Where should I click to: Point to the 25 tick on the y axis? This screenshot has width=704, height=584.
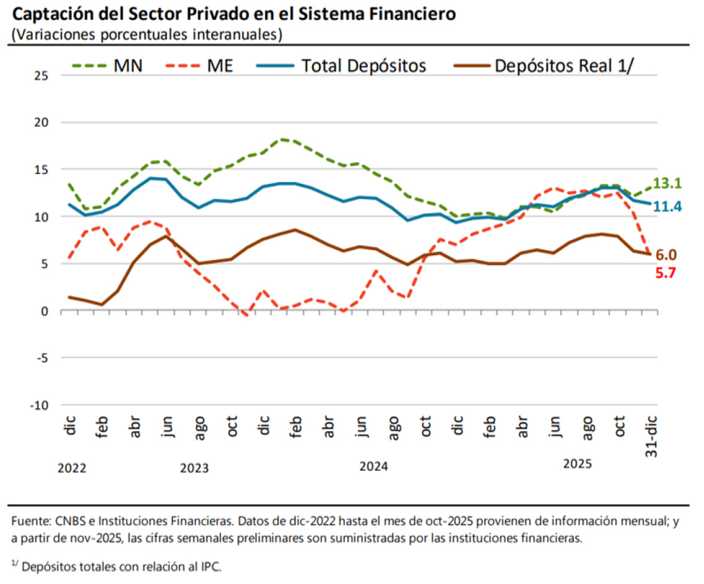coord(41,76)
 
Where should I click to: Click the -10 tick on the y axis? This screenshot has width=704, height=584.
coord(39,405)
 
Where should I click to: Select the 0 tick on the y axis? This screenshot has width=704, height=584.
coord(45,311)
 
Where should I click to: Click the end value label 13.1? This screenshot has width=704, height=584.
coord(667,183)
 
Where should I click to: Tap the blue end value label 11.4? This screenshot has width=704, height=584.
coord(667,206)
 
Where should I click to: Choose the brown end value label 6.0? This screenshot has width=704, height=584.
coord(666,255)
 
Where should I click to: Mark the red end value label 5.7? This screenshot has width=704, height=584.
coord(666,271)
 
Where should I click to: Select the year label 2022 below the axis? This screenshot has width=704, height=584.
coord(72,468)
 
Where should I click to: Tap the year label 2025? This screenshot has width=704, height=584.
coord(578,464)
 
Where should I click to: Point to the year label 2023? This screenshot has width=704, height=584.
coord(194,468)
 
